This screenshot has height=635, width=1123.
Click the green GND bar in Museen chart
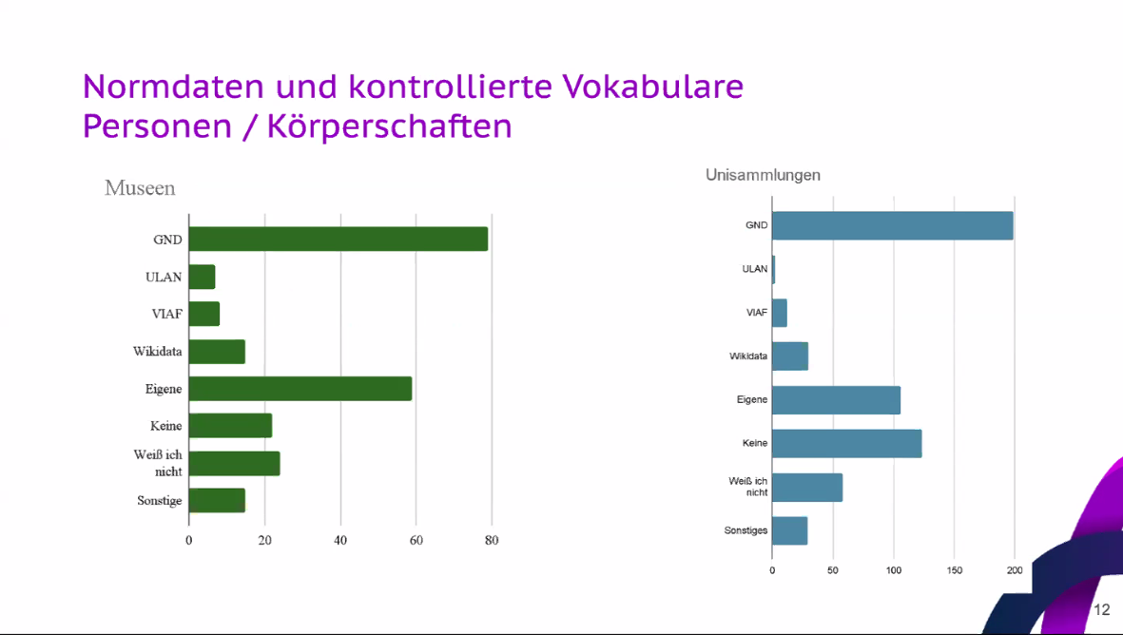pyautogui.click(x=338, y=240)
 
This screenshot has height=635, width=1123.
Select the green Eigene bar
pyautogui.click(x=300, y=389)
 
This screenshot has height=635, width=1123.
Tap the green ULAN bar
pyautogui.click(x=202, y=277)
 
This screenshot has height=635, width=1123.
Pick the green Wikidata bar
pyautogui.click(x=217, y=352)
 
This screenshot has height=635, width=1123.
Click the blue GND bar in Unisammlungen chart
pyautogui.click(x=892, y=225)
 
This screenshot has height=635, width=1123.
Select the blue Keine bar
pyautogui.click(x=846, y=443)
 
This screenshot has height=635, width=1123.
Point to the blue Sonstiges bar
pyautogui.click(x=789, y=530)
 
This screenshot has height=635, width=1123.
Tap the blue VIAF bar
pyautogui.click(x=780, y=313)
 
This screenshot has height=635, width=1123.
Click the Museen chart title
pyautogui.click(x=140, y=188)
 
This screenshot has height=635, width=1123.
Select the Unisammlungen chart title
pyautogui.click(x=763, y=175)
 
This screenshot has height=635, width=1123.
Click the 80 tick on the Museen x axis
pyautogui.click(x=491, y=541)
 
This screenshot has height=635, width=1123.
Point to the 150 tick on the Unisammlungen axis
pyautogui.click(x=954, y=570)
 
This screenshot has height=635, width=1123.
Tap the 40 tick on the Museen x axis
pyautogui.click(x=340, y=541)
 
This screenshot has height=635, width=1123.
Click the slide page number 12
pyautogui.click(x=1101, y=610)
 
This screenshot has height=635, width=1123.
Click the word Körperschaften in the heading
pyautogui.click(x=390, y=126)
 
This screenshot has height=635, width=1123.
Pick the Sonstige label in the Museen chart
pyautogui.click(x=159, y=500)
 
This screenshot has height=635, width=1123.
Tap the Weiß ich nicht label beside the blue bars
pyautogui.click(x=747, y=487)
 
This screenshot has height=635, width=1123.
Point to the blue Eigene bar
pyautogui.click(x=836, y=400)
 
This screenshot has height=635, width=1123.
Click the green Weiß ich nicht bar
pyautogui.click(x=234, y=463)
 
